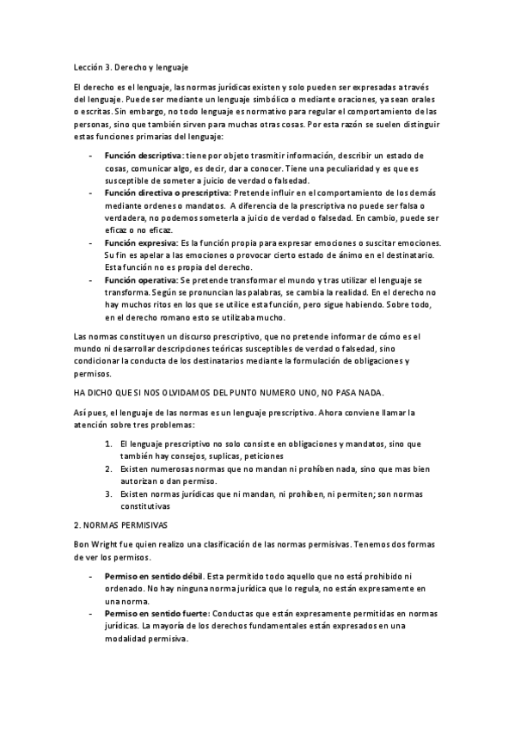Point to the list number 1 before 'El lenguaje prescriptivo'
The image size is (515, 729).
(109, 444)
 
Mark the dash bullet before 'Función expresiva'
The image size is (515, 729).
(92, 244)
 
